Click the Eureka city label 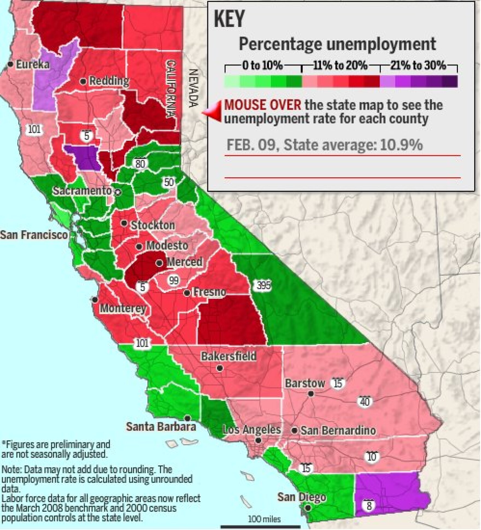click(33, 65)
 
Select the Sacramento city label click(82, 191)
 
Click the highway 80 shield click(140, 164)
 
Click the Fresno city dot click(187, 293)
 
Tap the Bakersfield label click(228, 356)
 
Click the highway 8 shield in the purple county click(369, 506)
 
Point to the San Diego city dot click(308, 508)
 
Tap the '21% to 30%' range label click(418, 66)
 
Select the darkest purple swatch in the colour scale click(450, 81)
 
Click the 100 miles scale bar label click(264, 519)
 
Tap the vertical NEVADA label click(193, 88)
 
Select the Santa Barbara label click(161, 426)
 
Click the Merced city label click(184, 262)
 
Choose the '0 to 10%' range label click(262, 66)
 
